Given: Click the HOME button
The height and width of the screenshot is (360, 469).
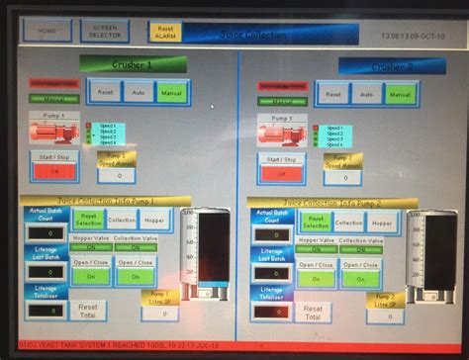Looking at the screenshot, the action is pos(47,31).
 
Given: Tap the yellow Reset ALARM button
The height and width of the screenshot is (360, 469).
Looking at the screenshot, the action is pos(165,32).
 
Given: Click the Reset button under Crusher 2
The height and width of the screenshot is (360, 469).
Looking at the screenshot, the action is pos(333,94).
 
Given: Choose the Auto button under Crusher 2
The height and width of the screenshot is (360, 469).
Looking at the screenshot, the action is pos(366,94).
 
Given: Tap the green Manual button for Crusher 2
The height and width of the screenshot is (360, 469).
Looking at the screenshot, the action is pos(400,94).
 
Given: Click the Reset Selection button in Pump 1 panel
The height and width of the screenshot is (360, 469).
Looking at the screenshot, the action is pos(89,221).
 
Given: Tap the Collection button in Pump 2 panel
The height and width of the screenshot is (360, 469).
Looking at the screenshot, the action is pos(347,224).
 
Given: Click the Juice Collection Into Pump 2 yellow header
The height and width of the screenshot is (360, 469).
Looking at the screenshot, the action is pos(331,201).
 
